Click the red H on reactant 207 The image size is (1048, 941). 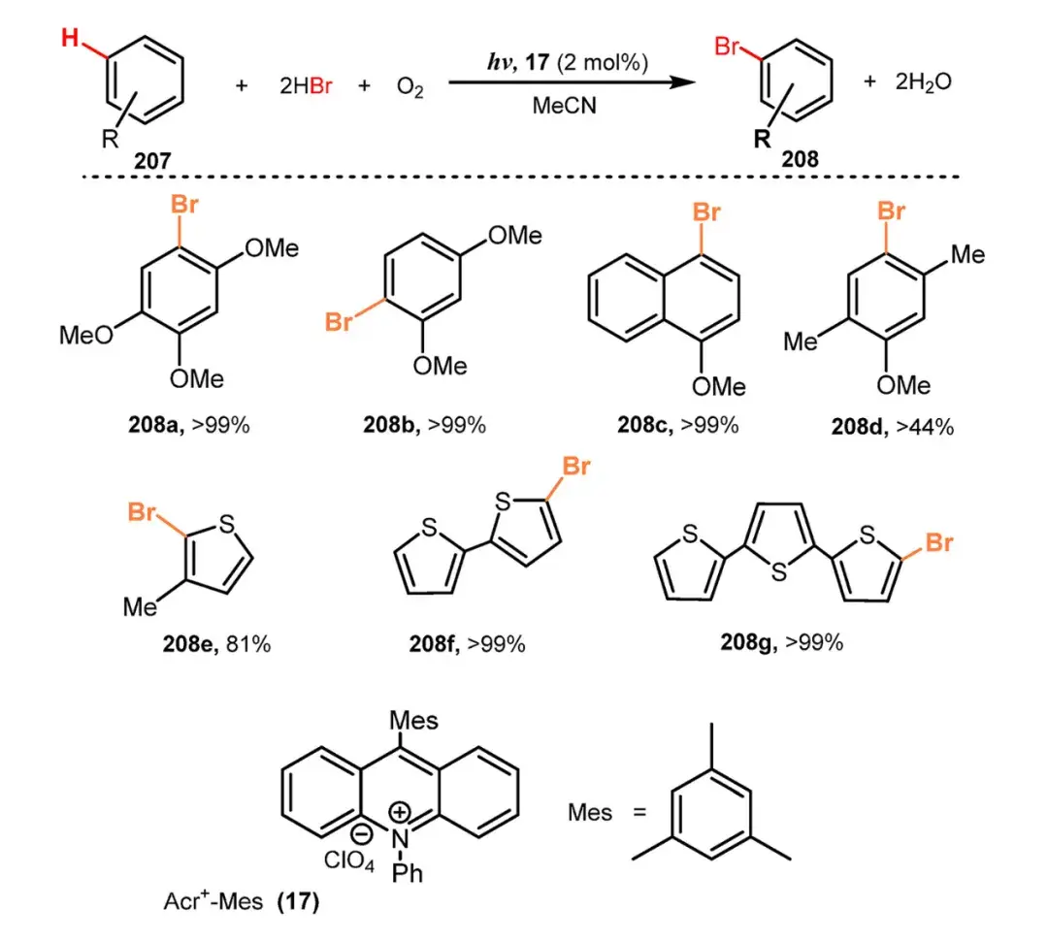tap(71, 40)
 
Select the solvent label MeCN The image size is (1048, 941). tap(564, 106)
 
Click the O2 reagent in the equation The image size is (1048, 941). tap(409, 86)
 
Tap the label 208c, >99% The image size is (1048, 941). tap(677, 424)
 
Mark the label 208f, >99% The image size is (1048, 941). tap(467, 642)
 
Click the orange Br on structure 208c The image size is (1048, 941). tap(706, 211)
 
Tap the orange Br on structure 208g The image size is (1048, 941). tap(938, 543)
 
